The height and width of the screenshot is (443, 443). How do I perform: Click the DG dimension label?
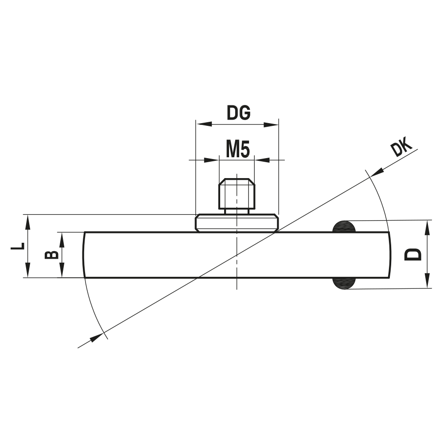[239, 113]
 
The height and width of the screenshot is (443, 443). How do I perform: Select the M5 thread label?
[237, 150]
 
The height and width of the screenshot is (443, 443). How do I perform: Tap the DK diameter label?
[402, 148]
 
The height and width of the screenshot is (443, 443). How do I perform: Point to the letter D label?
[414, 254]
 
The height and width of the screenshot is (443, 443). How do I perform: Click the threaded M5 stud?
[237, 194]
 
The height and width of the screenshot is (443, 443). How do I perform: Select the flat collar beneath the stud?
[237, 223]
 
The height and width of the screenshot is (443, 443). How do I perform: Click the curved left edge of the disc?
[83, 255]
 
